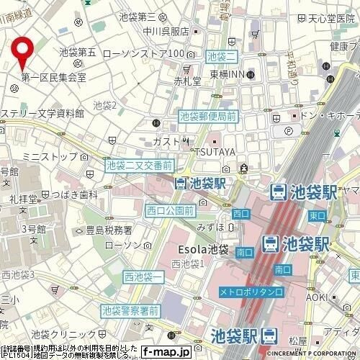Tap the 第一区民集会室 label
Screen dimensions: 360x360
point(53,76)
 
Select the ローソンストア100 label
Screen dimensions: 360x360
point(144,54)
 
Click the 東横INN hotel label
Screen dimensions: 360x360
point(230,75)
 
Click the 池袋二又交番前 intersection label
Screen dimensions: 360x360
point(139,166)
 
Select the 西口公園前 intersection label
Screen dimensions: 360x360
point(169,210)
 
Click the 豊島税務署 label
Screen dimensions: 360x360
point(109,230)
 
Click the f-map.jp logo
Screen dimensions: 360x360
point(166,352)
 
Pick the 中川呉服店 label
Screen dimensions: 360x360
point(166,31)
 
